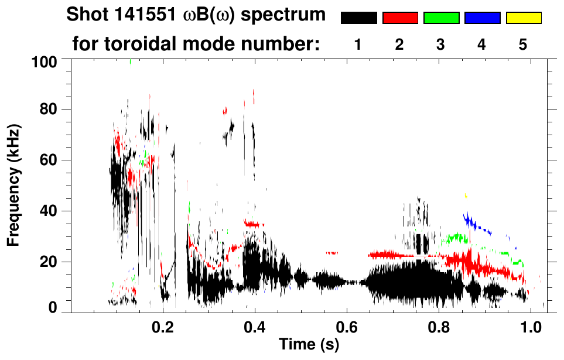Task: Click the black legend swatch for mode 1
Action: coord(358,18)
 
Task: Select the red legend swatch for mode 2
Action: coord(400,18)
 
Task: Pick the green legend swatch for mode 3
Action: coord(441,18)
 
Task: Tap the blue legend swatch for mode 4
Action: coord(482,18)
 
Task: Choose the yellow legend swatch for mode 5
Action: coord(524,18)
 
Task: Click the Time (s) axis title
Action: coord(309,345)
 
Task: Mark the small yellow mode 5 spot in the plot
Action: coord(466,195)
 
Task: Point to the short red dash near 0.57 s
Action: coord(332,253)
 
